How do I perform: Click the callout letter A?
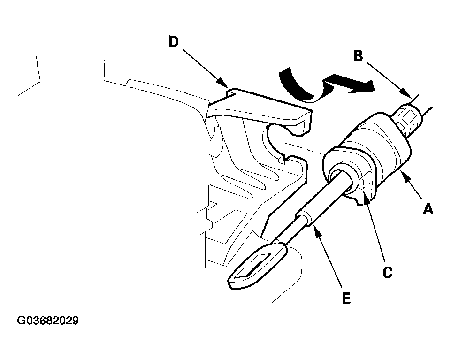428,209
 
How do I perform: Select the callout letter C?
388,272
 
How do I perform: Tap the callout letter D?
174,42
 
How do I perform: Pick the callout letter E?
347,298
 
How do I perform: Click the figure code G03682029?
48,321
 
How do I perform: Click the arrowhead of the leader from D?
225,84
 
